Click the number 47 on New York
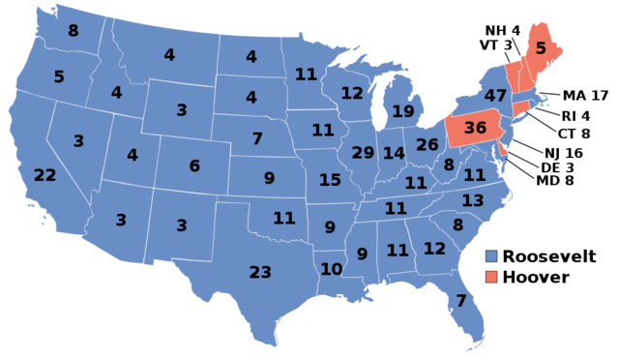click(495, 96)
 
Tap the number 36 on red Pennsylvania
click(475, 128)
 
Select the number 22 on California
click(44, 175)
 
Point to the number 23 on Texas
click(260, 272)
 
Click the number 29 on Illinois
click(363, 153)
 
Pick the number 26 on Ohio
click(427, 145)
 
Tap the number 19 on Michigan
click(403, 111)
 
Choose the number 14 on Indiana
click(394, 153)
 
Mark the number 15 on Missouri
click(330, 180)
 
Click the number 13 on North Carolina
click(473, 200)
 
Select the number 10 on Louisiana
click(331, 269)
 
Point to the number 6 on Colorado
click(194, 166)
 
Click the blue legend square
click(491, 256)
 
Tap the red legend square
click(491, 277)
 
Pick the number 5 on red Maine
click(541, 47)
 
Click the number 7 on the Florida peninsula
click(461, 301)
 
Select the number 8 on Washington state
click(73, 31)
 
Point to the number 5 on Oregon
click(59, 76)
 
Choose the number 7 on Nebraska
click(257, 138)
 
